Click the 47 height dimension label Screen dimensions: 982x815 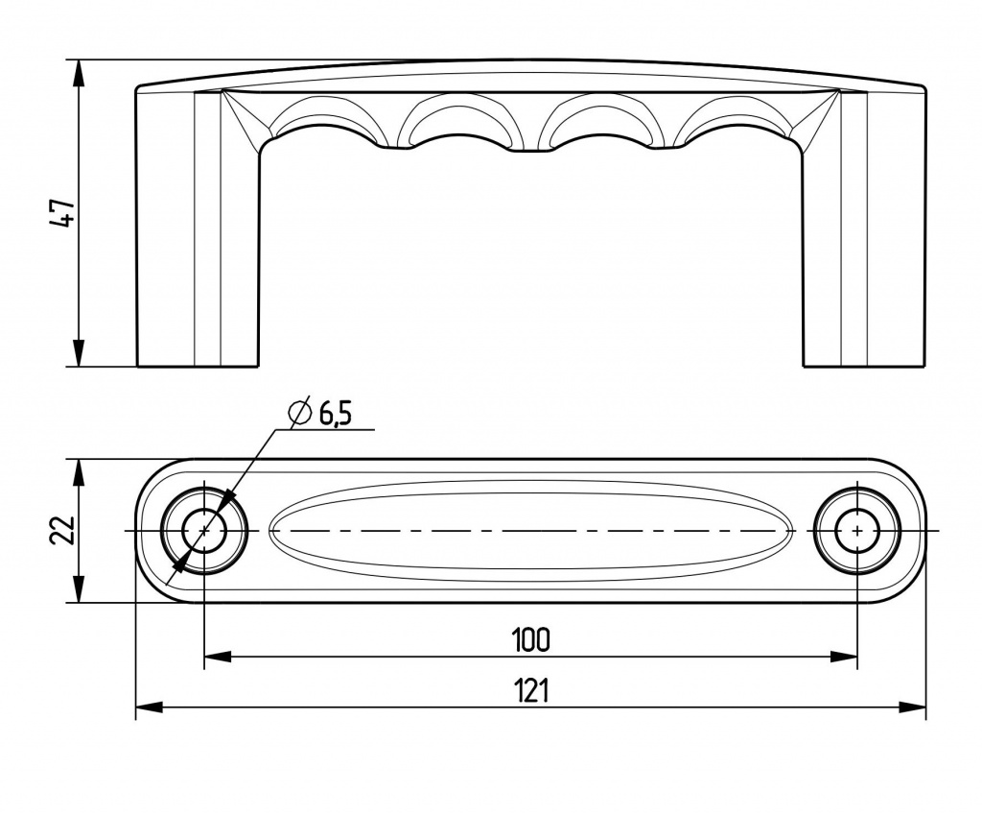point(64,213)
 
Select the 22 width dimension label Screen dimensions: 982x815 point(62,531)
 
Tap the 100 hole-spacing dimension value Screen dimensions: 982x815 point(530,638)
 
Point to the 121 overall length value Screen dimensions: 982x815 point(531,690)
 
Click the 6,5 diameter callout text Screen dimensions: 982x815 point(336,415)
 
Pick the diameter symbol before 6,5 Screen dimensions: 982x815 point(300,412)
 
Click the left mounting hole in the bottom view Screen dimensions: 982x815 point(204,531)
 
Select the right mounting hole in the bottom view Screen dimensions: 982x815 point(856,531)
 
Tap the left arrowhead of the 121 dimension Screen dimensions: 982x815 point(149,707)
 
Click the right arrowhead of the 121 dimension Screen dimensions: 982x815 point(913,707)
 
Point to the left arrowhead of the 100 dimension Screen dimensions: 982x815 point(218,657)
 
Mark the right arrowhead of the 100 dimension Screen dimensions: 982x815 point(844,657)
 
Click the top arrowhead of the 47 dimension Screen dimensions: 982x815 point(79,73)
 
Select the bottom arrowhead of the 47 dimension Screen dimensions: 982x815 point(79,353)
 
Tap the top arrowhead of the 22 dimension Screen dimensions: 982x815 point(79,472)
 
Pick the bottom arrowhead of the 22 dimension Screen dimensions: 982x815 point(79,589)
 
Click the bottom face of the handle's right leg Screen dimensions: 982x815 point(864,366)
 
